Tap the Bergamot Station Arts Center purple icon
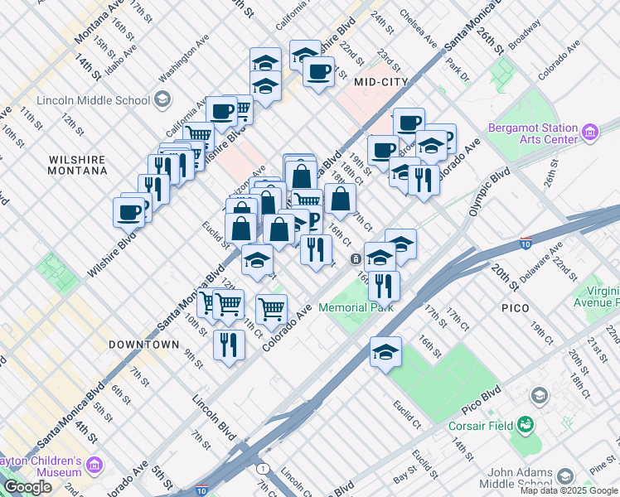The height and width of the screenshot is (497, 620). pyautogui.click(x=590, y=132)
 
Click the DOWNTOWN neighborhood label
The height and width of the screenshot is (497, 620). pyautogui.click(x=143, y=344)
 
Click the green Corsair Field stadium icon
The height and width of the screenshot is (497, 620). pyautogui.click(x=525, y=426)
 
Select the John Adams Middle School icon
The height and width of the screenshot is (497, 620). pyautogui.click(x=565, y=475)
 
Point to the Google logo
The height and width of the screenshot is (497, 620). pyautogui.click(x=27, y=487)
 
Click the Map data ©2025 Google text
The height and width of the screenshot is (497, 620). pyautogui.click(x=569, y=490)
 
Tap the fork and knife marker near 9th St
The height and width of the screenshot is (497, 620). pyautogui.click(x=229, y=343)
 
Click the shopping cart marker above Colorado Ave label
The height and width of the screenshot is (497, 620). pyautogui.click(x=271, y=309)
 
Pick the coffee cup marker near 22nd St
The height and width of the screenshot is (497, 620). pyautogui.click(x=317, y=71)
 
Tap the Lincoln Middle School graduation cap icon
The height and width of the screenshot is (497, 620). pyautogui.click(x=162, y=100)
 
